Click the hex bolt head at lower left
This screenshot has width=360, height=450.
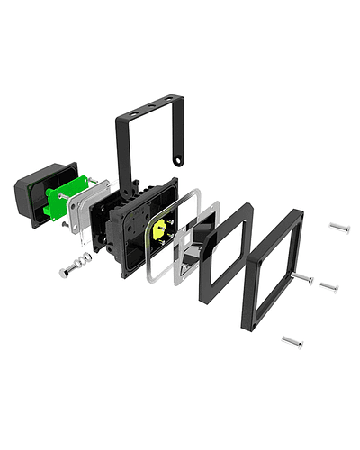[x=64, y=272]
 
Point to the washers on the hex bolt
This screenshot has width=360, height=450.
[x=83, y=261]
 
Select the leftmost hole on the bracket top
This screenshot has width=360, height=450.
[x=131, y=115]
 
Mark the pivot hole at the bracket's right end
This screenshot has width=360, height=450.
[x=178, y=163]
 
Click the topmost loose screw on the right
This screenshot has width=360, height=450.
[x=338, y=227]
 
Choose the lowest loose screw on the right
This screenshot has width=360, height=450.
[x=292, y=341]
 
